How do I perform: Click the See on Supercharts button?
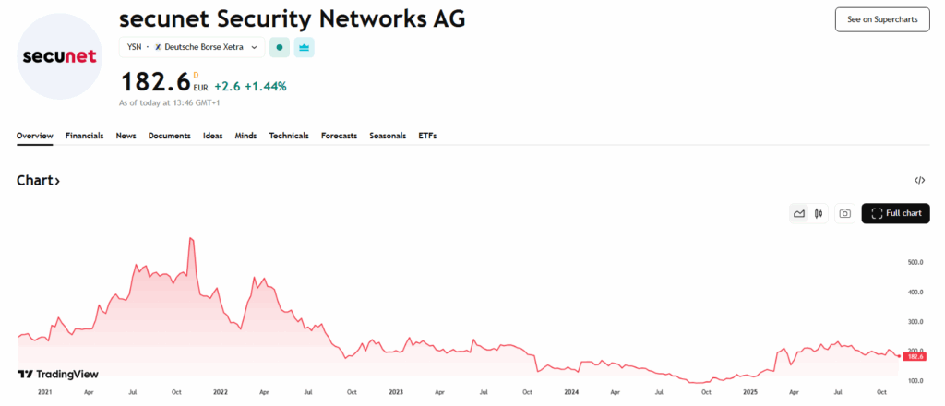tap(881, 19)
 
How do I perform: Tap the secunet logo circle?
tap(59, 56)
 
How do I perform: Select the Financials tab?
tap(84, 136)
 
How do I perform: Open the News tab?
tap(126, 136)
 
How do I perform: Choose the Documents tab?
tap(169, 136)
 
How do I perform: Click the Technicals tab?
tap(289, 136)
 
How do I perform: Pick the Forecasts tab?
tap(339, 136)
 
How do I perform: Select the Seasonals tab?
tap(388, 136)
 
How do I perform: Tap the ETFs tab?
tap(427, 136)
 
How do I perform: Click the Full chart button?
tap(895, 213)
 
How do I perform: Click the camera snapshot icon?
tap(843, 213)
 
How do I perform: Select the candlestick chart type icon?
tap(819, 213)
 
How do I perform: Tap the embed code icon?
tap(919, 181)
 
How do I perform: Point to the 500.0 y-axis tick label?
tap(915, 263)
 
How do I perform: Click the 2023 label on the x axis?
tap(396, 392)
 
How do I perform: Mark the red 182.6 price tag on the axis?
tap(915, 356)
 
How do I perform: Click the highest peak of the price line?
tap(190, 239)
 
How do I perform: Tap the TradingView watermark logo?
tap(58, 375)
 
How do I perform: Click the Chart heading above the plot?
tap(38, 181)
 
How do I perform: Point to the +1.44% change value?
tap(266, 86)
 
